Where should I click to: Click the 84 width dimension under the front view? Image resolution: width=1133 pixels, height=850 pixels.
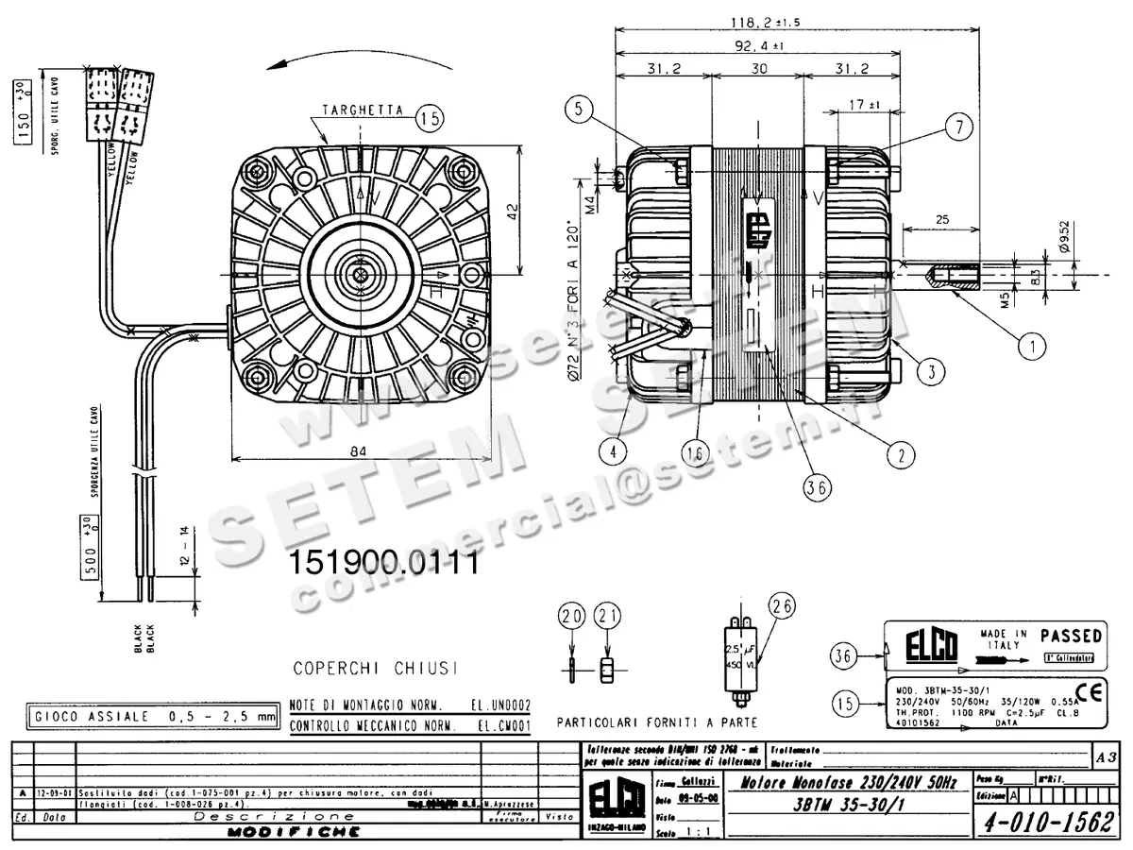(x=357, y=451)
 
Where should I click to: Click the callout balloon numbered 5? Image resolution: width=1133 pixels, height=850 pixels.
(x=583, y=109)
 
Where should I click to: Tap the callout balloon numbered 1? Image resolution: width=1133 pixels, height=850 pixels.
(x=1034, y=346)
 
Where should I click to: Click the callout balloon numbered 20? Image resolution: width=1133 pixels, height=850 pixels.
(x=572, y=617)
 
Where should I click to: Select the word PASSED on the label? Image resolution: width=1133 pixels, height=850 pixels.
(x=1071, y=636)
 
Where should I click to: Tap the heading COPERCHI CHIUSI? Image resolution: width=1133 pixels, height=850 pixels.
(x=375, y=668)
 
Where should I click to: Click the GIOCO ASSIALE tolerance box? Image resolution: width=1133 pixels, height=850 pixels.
(x=153, y=717)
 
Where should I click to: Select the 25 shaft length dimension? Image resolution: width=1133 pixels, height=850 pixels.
(x=941, y=218)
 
